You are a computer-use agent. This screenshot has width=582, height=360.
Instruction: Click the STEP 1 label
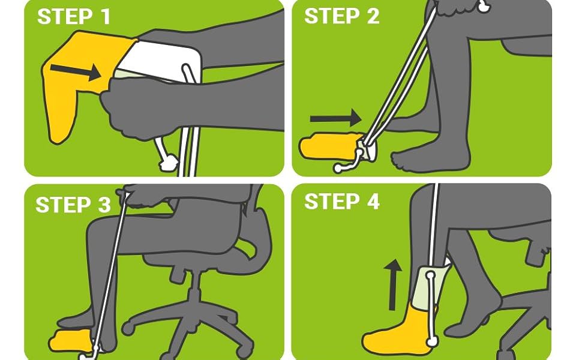click(x=74, y=17)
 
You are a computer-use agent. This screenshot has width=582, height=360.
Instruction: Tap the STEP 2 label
click(x=341, y=17)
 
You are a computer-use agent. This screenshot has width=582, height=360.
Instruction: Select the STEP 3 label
click(x=73, y=205)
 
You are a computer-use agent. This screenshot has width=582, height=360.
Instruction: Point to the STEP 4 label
click(x=341, y=202)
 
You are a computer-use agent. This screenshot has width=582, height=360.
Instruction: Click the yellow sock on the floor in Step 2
click(x=327, y=147)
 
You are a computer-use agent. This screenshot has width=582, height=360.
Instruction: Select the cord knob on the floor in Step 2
click(x=337, y=169)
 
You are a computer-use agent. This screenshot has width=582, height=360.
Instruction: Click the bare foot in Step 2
click(x=420, y=158)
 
